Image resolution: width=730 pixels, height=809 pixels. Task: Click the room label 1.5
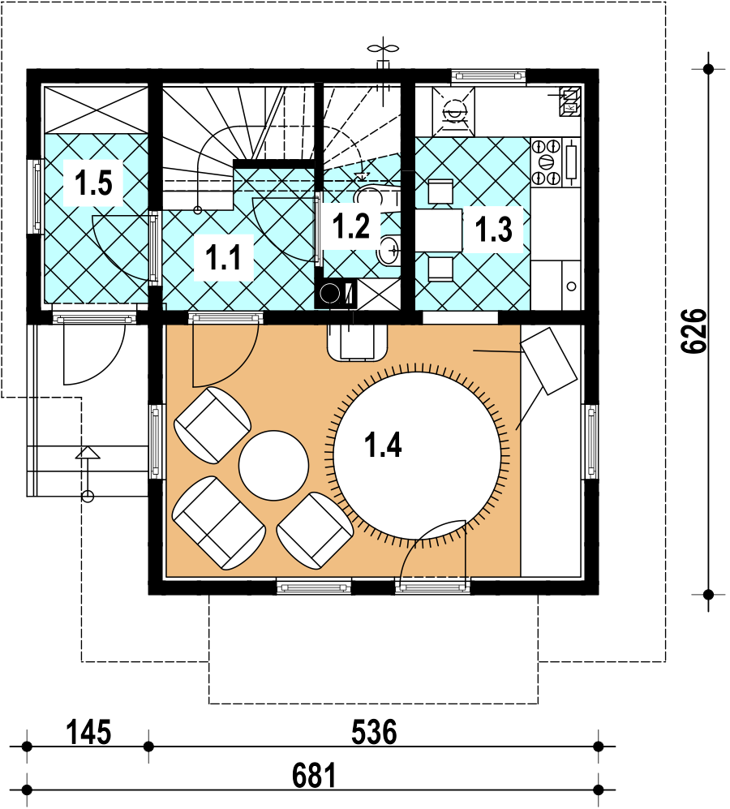tap(93, 183)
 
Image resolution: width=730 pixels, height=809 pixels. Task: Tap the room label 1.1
tap(223, 257)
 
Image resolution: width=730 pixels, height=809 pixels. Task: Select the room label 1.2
tap(351, 226)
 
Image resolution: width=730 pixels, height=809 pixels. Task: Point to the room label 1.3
tap(494, 229)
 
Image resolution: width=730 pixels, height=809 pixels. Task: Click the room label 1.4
tap(383, 445)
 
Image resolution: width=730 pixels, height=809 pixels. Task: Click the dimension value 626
tap(693, 331)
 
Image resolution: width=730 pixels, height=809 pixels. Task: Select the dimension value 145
tap(88, 732)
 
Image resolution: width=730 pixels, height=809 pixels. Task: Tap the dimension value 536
tap(374, 732)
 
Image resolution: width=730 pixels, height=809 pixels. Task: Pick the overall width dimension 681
tap(314, 776)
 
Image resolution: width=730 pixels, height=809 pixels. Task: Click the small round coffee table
tap(274, 466)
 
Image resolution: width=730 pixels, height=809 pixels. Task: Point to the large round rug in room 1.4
tap(417, 455)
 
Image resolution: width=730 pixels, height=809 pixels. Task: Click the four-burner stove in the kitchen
tap(547, 162)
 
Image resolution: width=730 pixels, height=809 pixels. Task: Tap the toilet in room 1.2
tap(376, 196)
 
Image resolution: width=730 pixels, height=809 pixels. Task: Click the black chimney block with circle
tap(336, 294)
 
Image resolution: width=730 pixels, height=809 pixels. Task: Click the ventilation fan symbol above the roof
tap(383, 49)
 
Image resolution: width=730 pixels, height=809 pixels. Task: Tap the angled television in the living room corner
tap(549, 360)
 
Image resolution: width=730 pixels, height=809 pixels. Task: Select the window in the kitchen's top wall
tap(488, 75)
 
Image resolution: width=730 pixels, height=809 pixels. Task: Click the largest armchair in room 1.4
tap(219, 523)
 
